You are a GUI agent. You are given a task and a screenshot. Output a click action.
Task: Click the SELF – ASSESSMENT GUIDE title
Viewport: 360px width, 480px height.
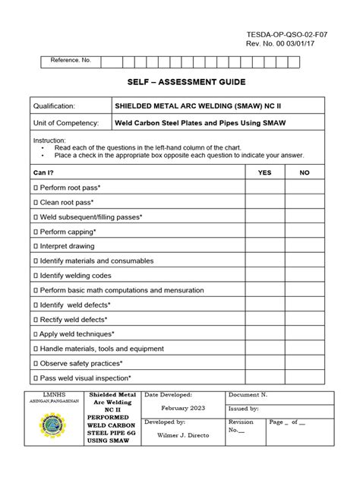(179, 81)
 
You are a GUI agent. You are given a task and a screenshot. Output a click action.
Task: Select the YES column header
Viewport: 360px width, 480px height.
(264, 172)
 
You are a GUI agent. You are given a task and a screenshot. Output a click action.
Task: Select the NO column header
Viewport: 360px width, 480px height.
(305, 172)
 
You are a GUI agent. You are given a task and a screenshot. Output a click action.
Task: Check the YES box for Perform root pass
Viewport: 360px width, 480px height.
(264, 187)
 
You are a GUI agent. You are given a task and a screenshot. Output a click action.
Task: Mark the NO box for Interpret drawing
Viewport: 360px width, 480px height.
(305, 246)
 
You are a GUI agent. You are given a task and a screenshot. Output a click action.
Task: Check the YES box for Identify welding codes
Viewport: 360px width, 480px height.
(264, 276)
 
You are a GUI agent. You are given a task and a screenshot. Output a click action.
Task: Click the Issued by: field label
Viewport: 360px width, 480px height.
(244, 430)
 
